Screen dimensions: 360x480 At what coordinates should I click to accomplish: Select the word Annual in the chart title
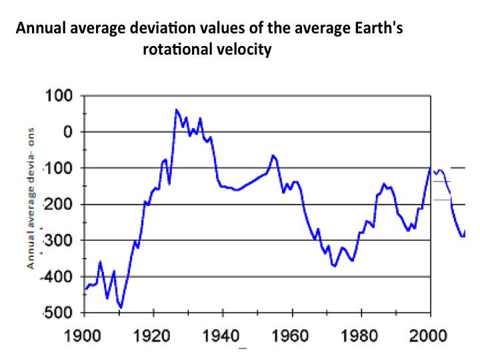39,29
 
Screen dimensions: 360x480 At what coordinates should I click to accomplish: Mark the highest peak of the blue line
177,109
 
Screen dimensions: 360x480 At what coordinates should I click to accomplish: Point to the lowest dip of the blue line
121,307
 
